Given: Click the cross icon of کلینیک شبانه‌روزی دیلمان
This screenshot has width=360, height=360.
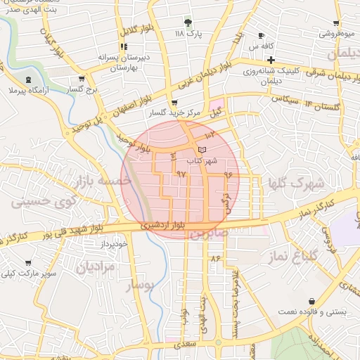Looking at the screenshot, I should [270, 60].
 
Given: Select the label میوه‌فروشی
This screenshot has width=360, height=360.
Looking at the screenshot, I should [337, 33].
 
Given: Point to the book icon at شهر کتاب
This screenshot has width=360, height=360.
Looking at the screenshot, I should [202, 150].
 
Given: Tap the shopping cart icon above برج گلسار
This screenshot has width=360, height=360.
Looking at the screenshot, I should [82, 79].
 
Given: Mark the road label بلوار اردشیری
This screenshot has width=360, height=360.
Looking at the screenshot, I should [163, 225].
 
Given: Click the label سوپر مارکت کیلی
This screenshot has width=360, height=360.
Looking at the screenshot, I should [28, 272].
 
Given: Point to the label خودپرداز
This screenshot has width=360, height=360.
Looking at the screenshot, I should [112, 243].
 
